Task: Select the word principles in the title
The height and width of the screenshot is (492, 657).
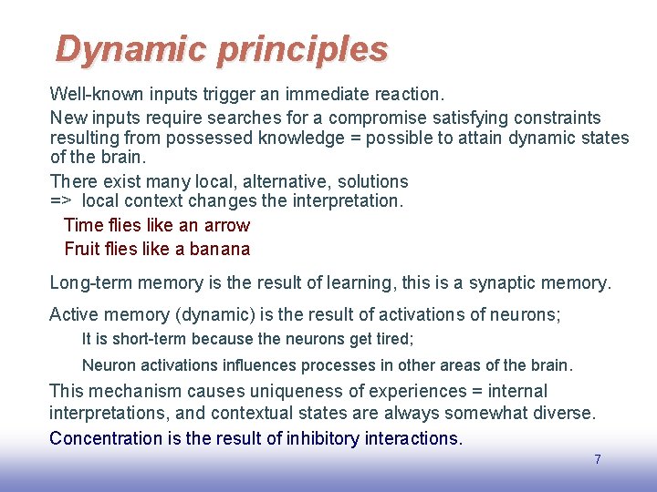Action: tap(302, 49)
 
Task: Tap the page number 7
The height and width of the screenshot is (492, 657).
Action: tap(598, 459)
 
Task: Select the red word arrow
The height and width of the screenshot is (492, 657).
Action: tap(227, 225)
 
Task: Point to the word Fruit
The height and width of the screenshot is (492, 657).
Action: tap(82, 249)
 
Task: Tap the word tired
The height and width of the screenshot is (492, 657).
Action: tap(394, 339)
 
